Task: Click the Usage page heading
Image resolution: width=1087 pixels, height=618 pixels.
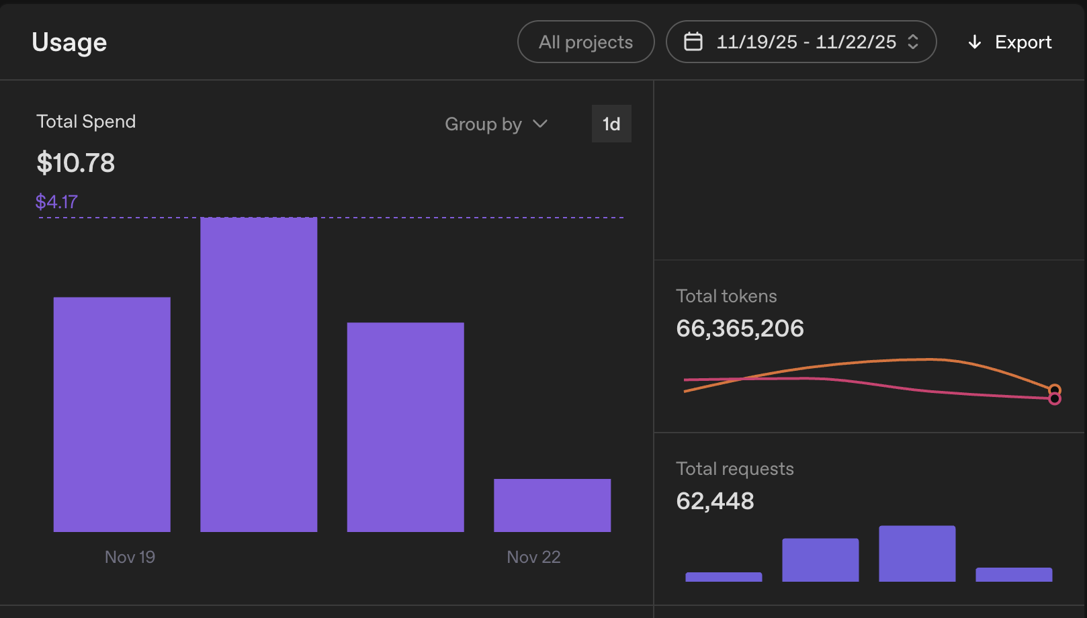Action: (x=69, y=42)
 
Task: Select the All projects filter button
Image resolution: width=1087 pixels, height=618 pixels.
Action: (x=585, y=42)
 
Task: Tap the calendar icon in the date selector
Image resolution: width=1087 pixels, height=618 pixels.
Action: (x=693, y=42)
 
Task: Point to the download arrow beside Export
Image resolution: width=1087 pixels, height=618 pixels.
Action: (x=974, y=42)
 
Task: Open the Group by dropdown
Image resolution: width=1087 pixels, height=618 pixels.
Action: (x=496, y=124)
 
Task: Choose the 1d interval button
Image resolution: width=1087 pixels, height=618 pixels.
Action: (x=611, y=124)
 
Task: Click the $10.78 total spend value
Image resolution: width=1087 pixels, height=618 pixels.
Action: (x=76, y=163)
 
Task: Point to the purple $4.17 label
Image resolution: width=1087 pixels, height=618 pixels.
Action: (x=56, y=202)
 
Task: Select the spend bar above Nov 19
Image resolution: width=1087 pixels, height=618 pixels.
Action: (x=112, y=414)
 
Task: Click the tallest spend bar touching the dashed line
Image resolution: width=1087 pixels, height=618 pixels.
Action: (x=259, y=374)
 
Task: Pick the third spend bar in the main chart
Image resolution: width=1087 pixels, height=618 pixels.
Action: (x=405, y=427)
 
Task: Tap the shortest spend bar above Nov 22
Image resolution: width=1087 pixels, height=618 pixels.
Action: (x=552, y=505)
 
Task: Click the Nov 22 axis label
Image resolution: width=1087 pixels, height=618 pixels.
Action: (x=533, y=557)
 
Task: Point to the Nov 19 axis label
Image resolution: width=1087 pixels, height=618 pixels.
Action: (x=130, y=557)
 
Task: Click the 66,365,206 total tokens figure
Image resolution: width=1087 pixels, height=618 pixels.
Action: (x=740, y=328)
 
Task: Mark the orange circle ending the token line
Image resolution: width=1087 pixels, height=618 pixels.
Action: (x=1054, y=389)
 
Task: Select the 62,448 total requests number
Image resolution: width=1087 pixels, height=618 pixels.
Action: (x=715, y=501)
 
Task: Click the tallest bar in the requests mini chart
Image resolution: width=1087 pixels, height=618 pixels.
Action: (x=917, y=554)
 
